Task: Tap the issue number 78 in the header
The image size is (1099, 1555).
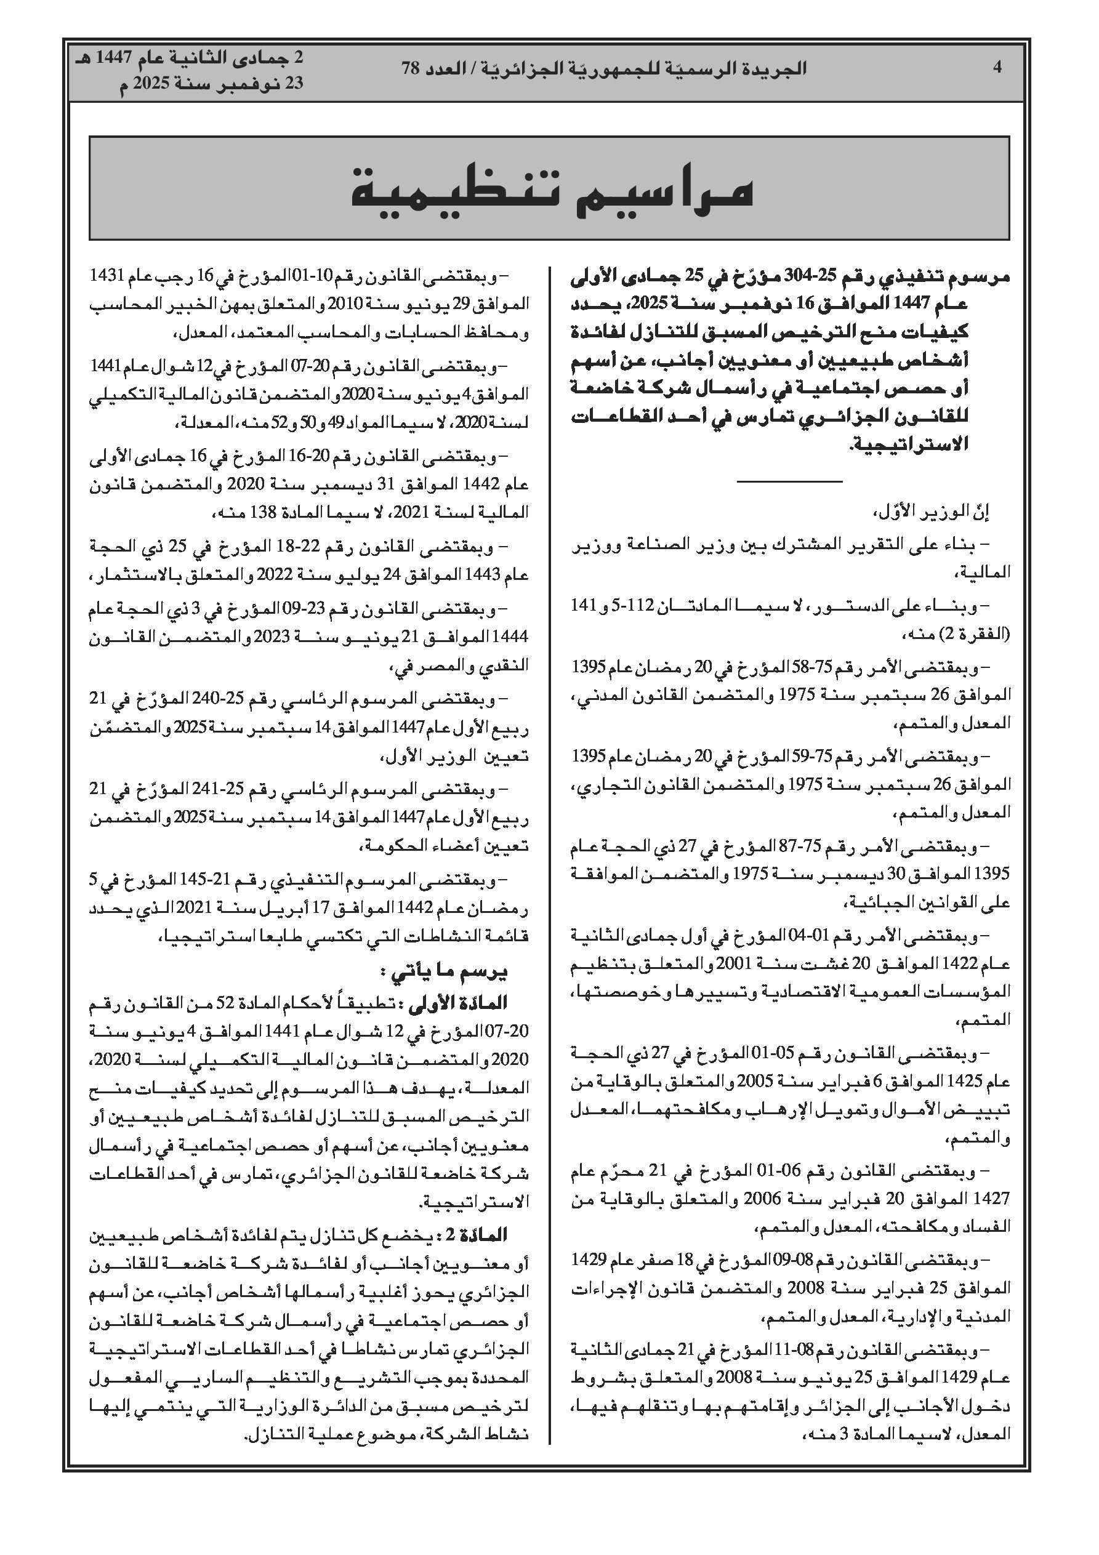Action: coord(411,68)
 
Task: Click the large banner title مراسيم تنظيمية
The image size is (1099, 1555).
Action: coord(552,190)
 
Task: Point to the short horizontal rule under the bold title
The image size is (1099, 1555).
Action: coord(789,481)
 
